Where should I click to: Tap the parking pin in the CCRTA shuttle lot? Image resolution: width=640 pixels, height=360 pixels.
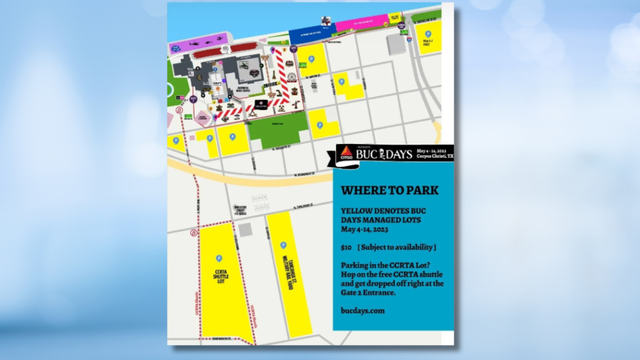click(218, 258)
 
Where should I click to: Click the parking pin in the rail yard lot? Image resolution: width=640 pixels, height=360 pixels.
click(283, 245)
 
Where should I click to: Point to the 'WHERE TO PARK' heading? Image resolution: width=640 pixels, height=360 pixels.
click(389, 190)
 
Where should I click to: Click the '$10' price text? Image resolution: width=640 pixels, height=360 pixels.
click(346, 247)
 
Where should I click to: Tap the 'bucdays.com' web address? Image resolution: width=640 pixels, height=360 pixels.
click(362, 310)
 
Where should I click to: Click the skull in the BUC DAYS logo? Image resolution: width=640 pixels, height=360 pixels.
click(381, 154)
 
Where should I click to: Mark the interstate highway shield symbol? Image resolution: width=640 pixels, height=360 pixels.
click(409, 38)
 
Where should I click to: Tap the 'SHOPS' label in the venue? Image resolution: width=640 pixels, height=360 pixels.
click(216, 83)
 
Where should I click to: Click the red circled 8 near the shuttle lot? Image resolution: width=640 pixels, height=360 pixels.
click(194, 232)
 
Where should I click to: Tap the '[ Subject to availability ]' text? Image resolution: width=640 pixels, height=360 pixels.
click(396, 247)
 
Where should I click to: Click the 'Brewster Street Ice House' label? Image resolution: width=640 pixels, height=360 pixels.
click(240, 209)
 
